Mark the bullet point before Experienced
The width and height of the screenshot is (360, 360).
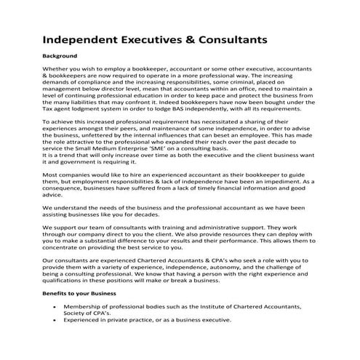coord(58,319)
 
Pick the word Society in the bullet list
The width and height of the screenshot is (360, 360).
coord(76,313)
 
